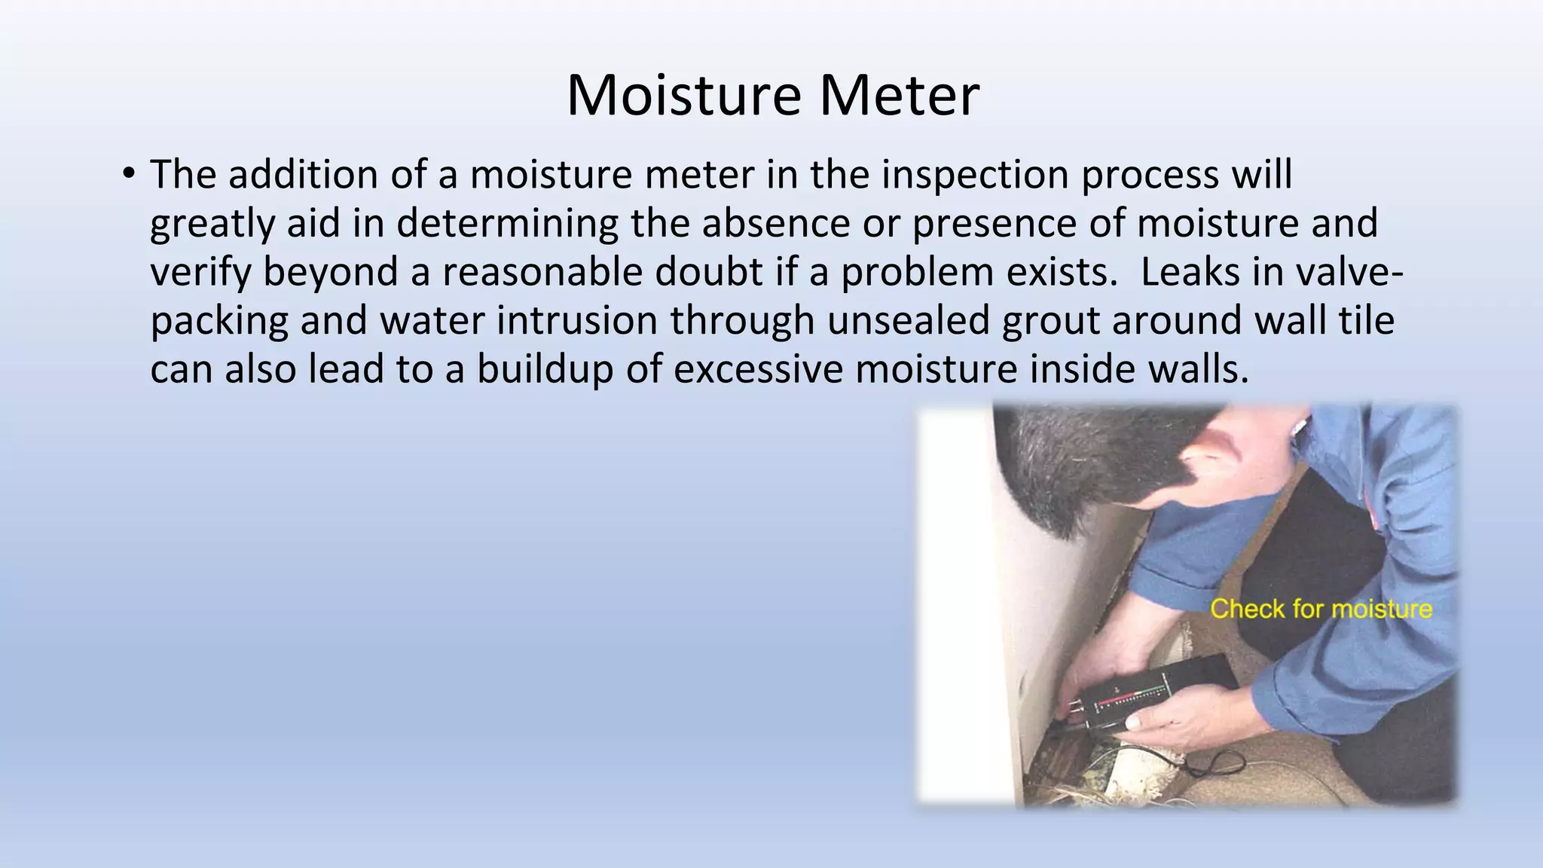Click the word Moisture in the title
point(683,96)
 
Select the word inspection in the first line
point(975,175)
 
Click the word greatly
point(212,224)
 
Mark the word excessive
point(758,369)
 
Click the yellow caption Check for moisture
point(1321,609)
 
